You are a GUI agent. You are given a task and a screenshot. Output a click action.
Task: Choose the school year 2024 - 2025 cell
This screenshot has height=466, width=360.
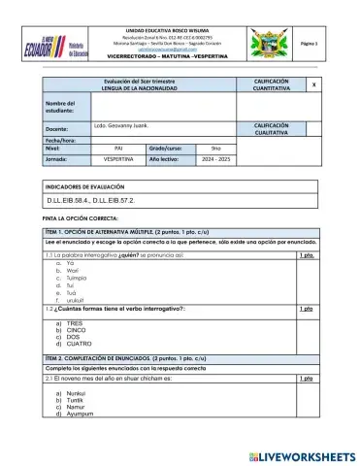[x=240, y=158]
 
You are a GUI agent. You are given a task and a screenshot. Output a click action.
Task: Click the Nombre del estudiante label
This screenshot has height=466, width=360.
[x=60, y=108]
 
